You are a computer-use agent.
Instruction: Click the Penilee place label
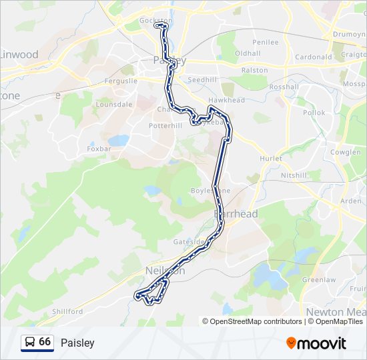(265, 41)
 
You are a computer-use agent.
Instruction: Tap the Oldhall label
(248, 53)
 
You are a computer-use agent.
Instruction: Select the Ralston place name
(254, 70)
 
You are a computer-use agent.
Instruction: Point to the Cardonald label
(313, 57)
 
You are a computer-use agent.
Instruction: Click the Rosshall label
(284, 87)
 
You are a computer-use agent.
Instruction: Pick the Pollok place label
(313, 113)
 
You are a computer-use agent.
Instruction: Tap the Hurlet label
(271, 159)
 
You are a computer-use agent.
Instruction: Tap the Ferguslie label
(121, 81)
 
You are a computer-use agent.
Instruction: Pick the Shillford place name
(67, 311)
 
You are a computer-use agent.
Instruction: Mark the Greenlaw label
(318, 280)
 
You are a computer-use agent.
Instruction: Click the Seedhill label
(202, 79)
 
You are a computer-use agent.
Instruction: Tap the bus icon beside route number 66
(29, 343)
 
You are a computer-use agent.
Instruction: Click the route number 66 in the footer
(45, 342)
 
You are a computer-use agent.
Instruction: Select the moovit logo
(316, 343)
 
